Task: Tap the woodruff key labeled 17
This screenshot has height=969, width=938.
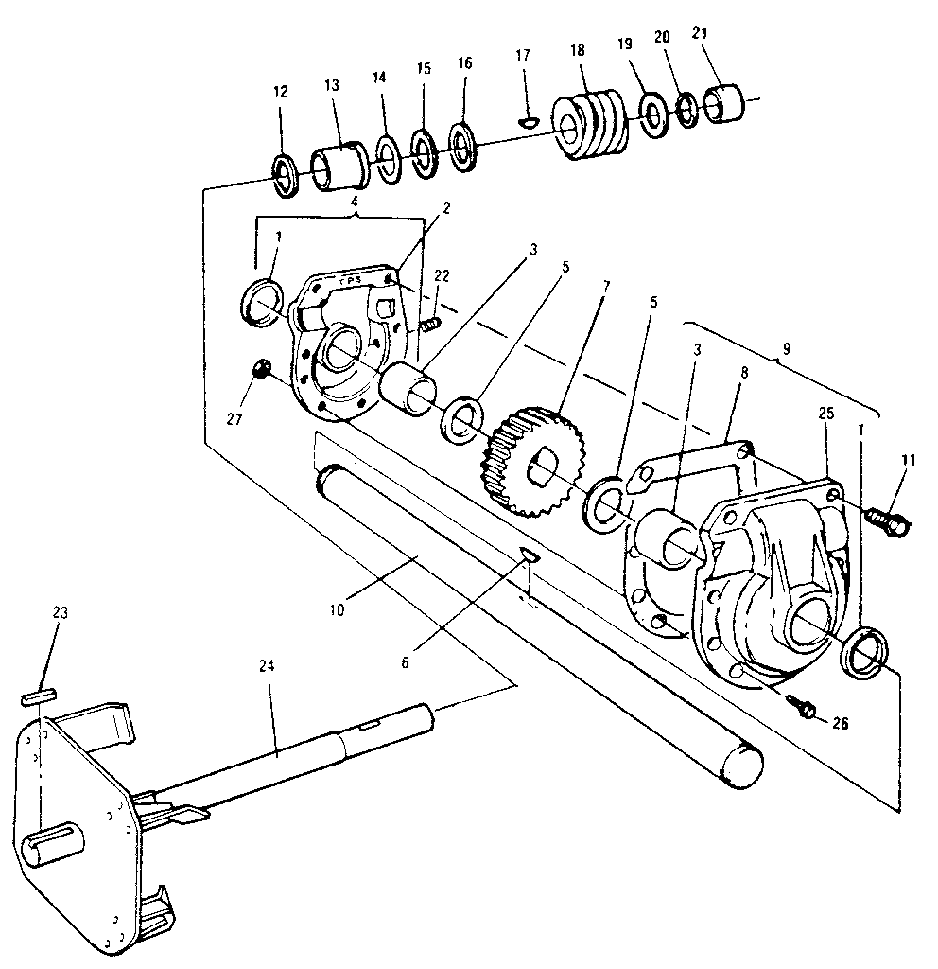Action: [x=530, y=121]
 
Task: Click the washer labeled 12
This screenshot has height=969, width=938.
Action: [x=285, y=175]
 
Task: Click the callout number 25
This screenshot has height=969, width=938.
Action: [x=826, y=414]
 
